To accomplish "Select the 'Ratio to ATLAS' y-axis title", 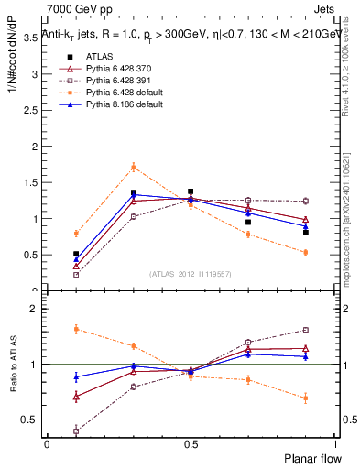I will pos(14,365).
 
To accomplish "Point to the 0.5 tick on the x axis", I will pos(191,443).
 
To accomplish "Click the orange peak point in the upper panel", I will pos(133,167).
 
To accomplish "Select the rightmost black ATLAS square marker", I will pos(306,233).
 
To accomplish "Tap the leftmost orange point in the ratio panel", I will pos(76,329).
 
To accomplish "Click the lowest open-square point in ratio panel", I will pos(76,431).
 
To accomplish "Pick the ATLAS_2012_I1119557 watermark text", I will pos(190,274).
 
